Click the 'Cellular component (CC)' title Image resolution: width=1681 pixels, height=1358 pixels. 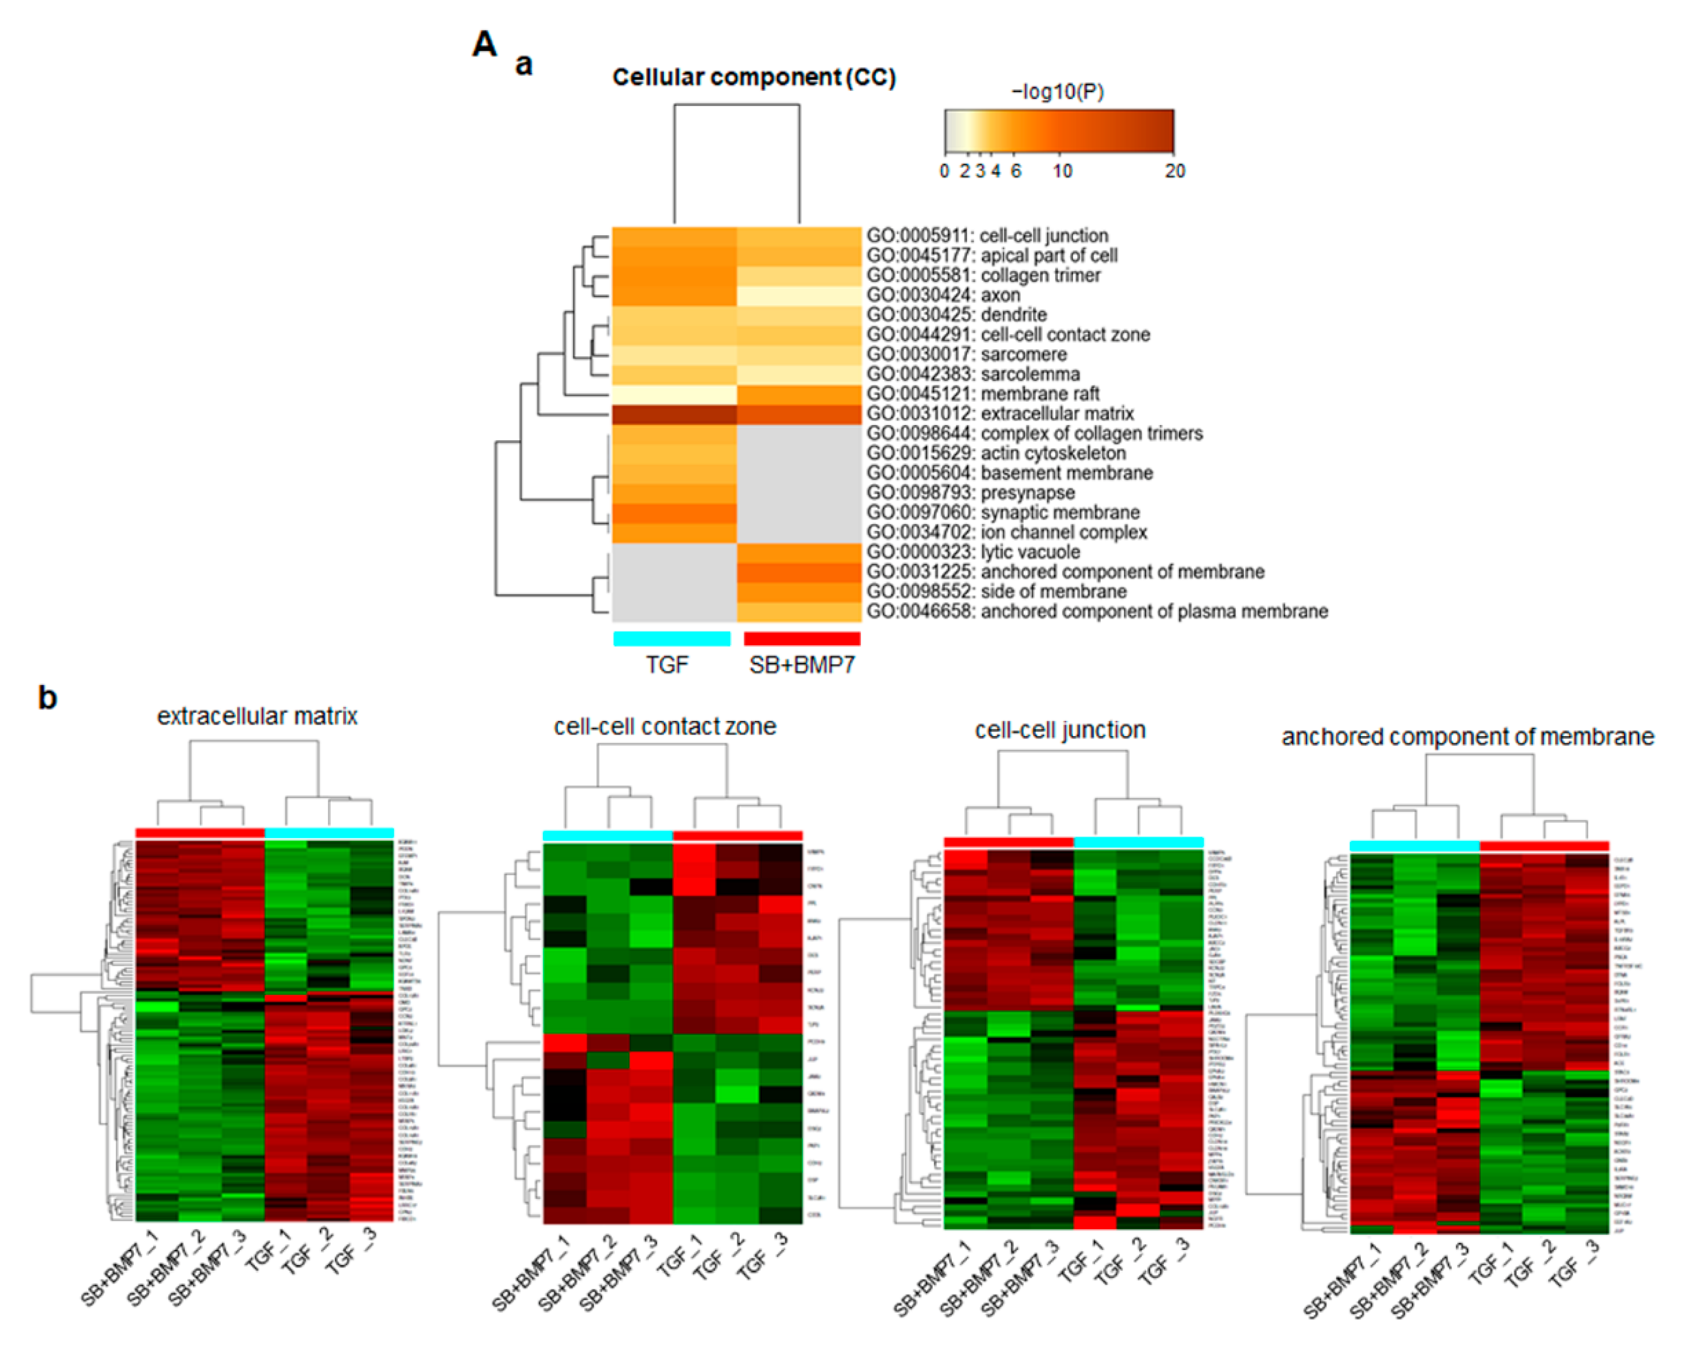pyautogui.click(x=753, y=77)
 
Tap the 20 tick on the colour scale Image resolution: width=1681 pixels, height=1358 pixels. pyautogui.click(x=1174, y=171)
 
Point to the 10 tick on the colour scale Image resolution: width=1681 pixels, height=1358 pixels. pyautogui.click(x=1062, y=171)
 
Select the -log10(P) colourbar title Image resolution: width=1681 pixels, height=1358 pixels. pyautogui.click(x=1058, y=92)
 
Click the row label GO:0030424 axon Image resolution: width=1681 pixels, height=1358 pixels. pyautogui.click(x=943, y=295)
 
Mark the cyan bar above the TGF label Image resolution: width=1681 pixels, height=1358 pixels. pyautogui.click(x=672, y=638)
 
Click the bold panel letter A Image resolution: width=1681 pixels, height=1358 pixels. pyautogui.click(x=484, y=44)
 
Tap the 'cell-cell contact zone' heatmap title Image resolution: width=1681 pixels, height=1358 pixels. pyautogui.click(x=665, y=727)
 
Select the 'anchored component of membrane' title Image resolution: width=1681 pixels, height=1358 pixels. pyautogui.click(x=1467, y=737)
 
